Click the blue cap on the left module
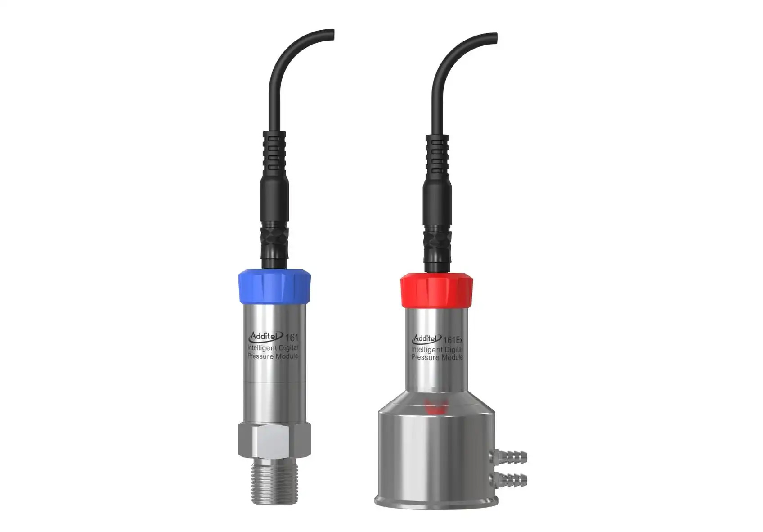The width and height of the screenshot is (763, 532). tap(274, 286)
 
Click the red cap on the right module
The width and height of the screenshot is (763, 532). tap(436, 290)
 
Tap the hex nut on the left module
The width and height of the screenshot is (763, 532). tap(274, 440)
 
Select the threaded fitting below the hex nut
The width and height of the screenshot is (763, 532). tap(274, 481)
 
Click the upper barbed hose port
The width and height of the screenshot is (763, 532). tap(508, 457)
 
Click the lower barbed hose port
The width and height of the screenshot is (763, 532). tap(508, 480)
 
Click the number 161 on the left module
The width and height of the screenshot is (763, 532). tap(292, 338)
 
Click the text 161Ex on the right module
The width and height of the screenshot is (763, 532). tap(452, 340)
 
